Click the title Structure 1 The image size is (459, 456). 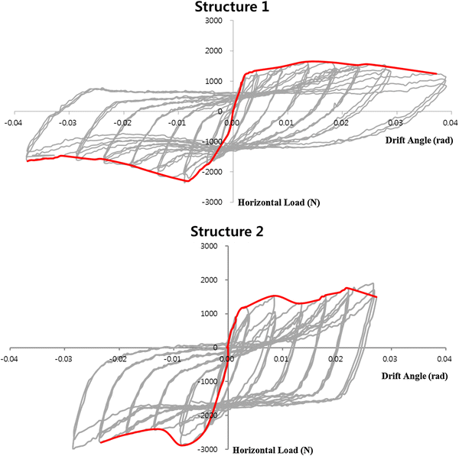pyautogui.click(x=229, y=8)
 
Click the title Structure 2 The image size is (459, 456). pyautogui.click(x=229, y=231)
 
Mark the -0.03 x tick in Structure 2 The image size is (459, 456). pyautogui.click(x=65, y=357)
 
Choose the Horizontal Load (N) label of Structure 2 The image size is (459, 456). pyautogui.click(x=272, y=450)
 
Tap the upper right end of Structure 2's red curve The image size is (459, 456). pyautogui.click(x=376, y=296)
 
